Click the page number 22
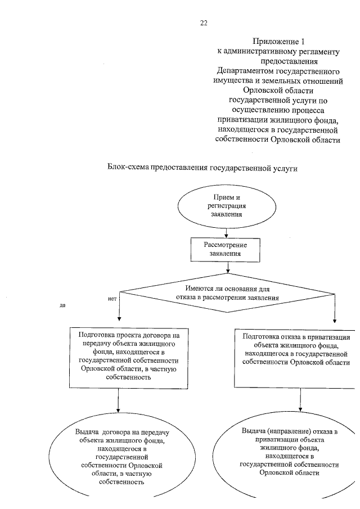[204, 22]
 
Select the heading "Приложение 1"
[278, 41]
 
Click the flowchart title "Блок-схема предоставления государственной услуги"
[201, 168]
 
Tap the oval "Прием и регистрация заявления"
[225, 206]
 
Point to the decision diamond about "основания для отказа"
[227, 292]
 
